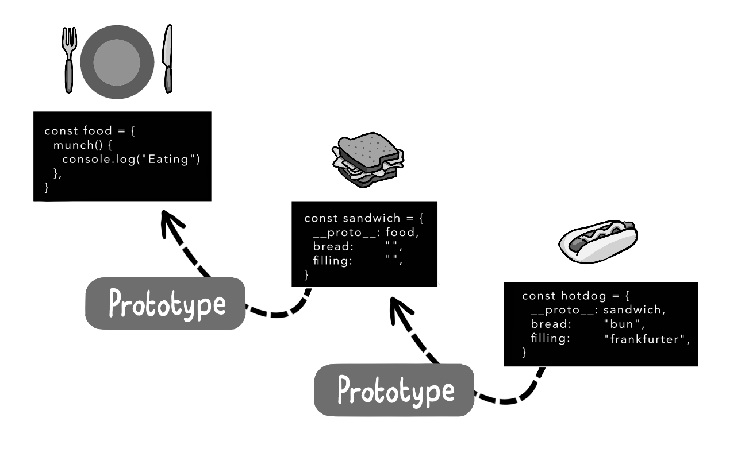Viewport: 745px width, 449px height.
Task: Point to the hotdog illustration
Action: tap(598, 241)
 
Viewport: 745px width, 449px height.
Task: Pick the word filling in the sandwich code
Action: tap(332, 261)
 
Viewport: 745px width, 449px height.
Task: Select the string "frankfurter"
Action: tap(645, 339)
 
